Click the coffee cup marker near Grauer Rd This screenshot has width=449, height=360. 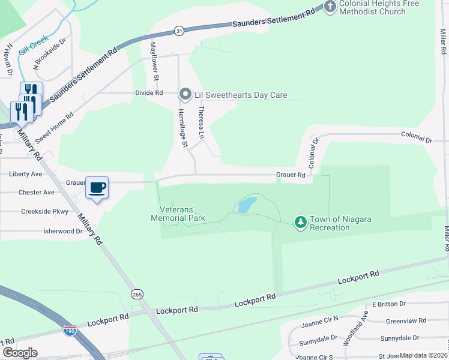click(x=97, y=187)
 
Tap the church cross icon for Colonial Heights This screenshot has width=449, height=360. click(x=330, y=7)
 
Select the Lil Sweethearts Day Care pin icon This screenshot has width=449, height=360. click(x=185, y=94)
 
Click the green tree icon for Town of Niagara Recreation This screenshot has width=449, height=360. click(x=300, y=223)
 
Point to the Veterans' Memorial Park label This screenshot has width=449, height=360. click(x=178, y=214)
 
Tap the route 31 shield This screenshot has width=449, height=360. click(x=179, y=30)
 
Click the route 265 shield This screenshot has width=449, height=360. click(x=137, y=293)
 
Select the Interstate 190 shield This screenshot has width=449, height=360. click(x=69, y=330)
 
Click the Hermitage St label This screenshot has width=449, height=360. click(x=181, y=128)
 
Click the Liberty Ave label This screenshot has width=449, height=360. click(x=26, y=174)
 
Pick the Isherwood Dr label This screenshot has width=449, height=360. click(x=62, y=230)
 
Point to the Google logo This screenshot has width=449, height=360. click(x=20, y=353)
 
